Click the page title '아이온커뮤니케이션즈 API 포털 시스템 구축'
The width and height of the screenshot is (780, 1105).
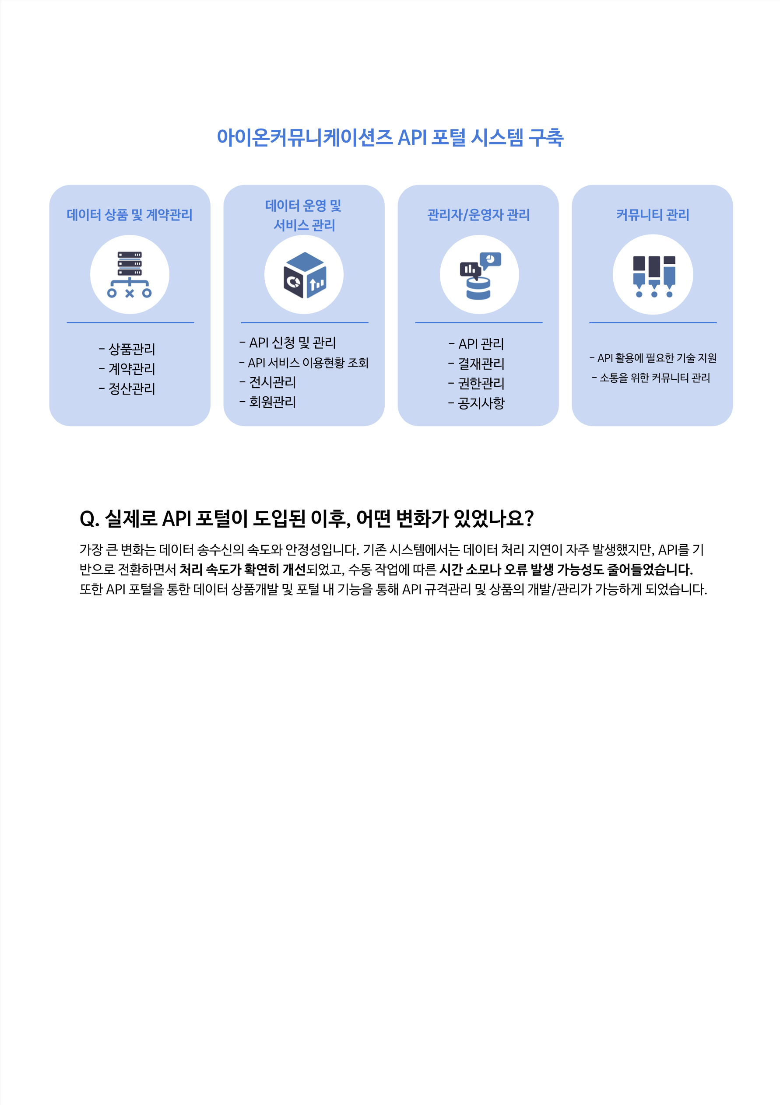point(390,138)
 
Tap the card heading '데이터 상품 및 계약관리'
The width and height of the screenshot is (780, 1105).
point(130,215)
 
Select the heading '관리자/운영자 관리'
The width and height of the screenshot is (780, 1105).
point(478,215)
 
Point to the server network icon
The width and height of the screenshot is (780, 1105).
point(130,274)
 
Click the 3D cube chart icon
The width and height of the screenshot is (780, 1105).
point(304,275)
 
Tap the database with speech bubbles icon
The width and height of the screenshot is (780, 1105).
point(480,276)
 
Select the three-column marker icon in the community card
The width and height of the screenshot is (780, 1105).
point(654,276)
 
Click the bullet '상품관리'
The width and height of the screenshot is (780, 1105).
point(127,349)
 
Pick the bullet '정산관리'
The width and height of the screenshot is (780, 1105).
point(127,388)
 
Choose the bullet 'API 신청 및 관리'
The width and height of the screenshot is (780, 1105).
point(288,343)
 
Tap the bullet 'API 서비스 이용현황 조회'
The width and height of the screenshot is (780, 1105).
point(304,362)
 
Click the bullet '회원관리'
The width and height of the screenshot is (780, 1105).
point(268,402)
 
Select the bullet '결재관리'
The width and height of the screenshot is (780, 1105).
point(476,364)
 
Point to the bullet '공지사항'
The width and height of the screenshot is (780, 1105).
point(476,403)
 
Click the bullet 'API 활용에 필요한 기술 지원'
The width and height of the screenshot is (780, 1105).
point(653,358)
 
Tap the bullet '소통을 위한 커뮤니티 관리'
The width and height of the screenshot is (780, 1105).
point(651,378)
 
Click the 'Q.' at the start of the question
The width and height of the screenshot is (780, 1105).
point(89,519)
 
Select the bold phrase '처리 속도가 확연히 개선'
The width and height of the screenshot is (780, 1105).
point(242,570)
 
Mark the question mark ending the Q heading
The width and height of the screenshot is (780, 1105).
point(529,518)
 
